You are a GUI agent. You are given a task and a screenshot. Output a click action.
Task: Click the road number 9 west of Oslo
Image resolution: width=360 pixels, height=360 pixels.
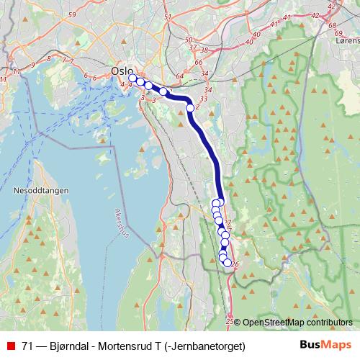coord(32,64)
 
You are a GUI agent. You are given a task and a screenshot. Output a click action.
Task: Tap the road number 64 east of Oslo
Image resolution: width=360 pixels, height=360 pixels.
coord(179,76)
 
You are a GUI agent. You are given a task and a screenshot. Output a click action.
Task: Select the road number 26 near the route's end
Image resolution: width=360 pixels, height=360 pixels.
coord(235,264)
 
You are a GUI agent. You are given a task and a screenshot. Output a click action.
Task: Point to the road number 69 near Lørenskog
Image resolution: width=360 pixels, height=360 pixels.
coord(338,32)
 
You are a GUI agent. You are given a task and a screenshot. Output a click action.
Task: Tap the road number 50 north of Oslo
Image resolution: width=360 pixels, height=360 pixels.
coord(189,40)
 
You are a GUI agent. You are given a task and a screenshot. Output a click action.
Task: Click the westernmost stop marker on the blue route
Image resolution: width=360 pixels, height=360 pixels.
coord(132,78)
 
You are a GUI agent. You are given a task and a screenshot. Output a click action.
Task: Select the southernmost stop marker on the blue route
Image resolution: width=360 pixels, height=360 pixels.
coord(228,264)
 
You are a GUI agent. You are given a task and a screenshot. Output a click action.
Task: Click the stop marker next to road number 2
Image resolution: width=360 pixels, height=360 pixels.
coord(190,108)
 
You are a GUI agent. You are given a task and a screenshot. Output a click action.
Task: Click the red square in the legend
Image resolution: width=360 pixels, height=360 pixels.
coord(12,346)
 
